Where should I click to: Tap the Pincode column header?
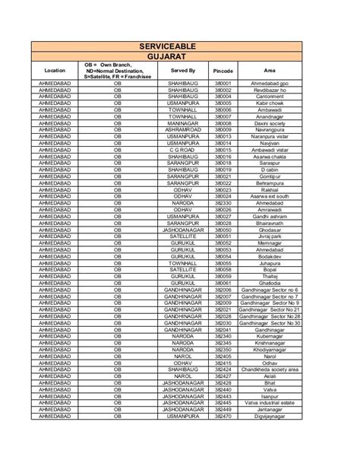pos(223,69)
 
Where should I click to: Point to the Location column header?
pos(55,69)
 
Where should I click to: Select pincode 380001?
pos(223,83)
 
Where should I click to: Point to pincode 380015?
pos(223,150)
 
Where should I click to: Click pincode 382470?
pos(223,417)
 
